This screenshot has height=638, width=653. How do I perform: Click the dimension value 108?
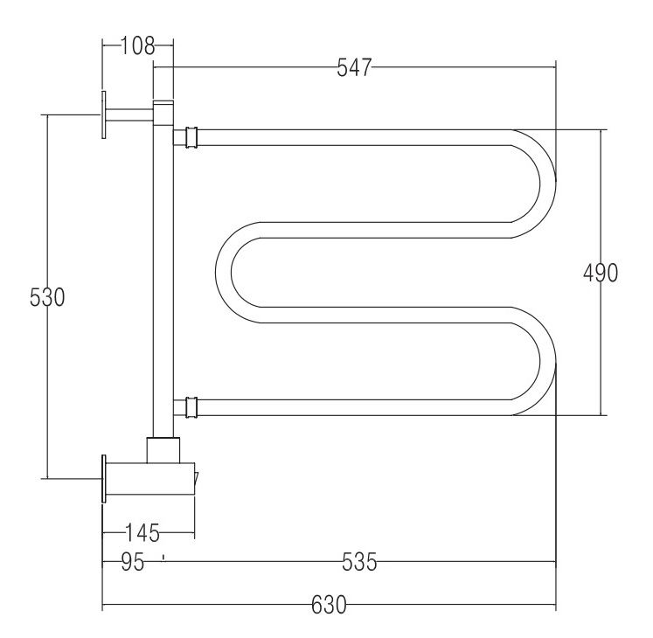click(137, 45)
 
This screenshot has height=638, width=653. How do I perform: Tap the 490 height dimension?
click(601, 273)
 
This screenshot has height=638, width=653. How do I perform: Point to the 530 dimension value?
click(47, 297)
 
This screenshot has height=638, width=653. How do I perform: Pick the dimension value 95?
click(132, 563)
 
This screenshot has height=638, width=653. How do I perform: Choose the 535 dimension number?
click(358, 563)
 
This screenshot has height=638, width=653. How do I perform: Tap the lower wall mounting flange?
click(105, 479)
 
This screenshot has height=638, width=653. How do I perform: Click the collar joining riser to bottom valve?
click(163, 449)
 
